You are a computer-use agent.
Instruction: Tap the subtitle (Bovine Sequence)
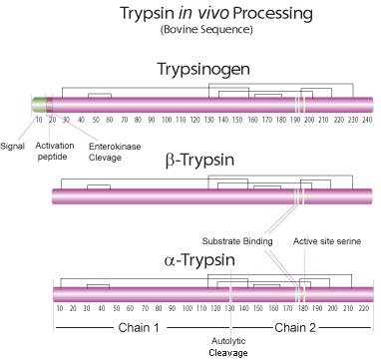[201, 30]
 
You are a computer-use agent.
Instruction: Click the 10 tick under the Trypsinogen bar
[38, 120]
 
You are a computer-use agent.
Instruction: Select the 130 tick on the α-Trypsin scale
[229, 309]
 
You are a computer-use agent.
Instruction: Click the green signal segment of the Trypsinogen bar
[38, 104]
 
